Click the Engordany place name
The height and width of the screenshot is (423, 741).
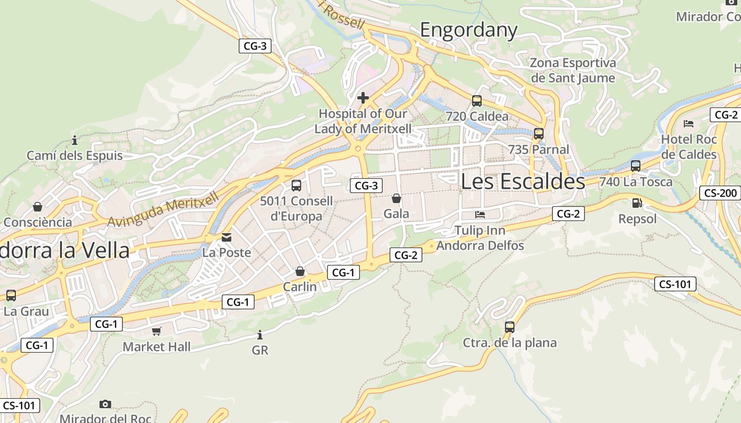click(468, 30)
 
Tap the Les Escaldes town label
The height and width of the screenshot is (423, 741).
click(523, 181)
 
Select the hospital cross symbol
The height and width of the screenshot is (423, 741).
click(363, 98)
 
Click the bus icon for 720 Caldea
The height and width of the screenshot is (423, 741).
click(477, 100)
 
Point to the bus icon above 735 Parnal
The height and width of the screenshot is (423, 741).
click(539, 134)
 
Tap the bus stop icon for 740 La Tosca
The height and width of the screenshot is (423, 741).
click(636, 166)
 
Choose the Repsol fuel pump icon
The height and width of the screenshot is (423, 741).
click(637, 203)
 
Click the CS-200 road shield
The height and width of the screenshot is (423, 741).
click(720, 193)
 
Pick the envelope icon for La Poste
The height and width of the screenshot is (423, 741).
click(227, 237)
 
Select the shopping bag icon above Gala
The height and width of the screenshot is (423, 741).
click(396, 198)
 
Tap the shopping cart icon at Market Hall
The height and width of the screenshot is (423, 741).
click(156, 332)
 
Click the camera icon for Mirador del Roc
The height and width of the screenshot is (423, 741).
click(105, 404)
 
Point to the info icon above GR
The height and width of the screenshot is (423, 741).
click(260, 335)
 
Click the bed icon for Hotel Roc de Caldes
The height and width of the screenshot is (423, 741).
click(689, 124)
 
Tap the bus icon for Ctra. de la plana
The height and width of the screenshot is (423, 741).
click(510, 327)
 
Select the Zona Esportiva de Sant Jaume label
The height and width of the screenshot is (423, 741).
click(573, 70)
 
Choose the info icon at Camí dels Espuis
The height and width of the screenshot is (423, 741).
click(75, 141)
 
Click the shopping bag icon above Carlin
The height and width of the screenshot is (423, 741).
click(300, 271)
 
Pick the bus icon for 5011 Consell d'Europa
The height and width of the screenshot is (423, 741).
click(296, 186)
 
